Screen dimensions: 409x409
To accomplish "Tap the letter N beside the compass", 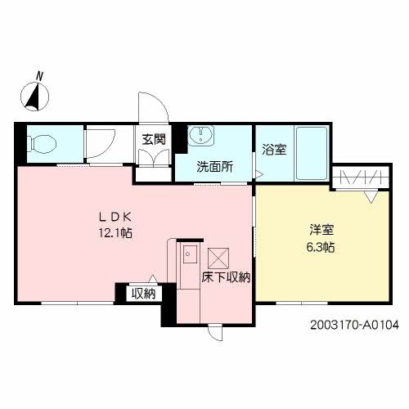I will click(x=38, y=77).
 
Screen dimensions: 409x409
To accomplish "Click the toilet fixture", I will click(x=41, y=146).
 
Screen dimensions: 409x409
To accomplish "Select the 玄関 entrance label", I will click(x=153, y=139).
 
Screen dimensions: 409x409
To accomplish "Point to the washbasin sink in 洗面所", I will click(x=200, y=136).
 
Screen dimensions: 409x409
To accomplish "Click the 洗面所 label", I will click(x=213, y=166).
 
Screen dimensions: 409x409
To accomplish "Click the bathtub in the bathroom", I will click(x=311, y=152).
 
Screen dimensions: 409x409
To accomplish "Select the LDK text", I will click(x=115, y=217).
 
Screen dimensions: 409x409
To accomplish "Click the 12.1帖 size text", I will click(x=115, y=233).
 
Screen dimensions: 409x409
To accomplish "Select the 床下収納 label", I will click(x=226, y=277).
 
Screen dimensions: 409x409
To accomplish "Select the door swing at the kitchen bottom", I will click(x=214, y=330).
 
